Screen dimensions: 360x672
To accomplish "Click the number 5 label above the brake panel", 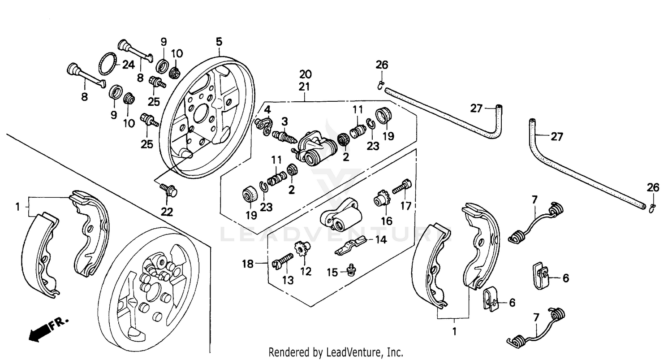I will [x=219, y=42].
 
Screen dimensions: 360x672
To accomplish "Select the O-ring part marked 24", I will [x=107, y=64].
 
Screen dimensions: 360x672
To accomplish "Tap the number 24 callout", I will [x=128, y=65].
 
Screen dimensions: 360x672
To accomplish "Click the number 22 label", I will [x=167, y=211].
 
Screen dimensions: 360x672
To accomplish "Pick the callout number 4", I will [x=267, y=109].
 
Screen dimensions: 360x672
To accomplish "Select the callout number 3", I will [x=284, y=121].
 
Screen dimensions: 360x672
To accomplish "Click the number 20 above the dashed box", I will [x=305, y=74].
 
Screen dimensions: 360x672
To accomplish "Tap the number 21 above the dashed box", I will [x=305, y=86].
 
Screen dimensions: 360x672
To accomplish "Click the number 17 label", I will [x=405, y=207].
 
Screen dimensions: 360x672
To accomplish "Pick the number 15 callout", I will [x=332, y=272].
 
